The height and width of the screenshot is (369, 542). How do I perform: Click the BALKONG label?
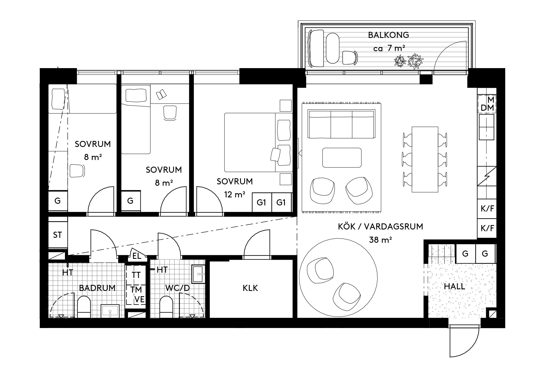point(388,35)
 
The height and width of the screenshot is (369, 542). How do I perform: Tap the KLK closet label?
point(250,288)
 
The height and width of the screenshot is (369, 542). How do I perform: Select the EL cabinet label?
point(137,256)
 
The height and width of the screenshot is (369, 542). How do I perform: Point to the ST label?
point(57,235)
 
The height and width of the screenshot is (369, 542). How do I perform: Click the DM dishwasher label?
point(487,108)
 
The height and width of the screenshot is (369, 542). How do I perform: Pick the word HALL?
point(455,286)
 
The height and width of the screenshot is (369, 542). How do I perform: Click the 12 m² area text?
point(234,194)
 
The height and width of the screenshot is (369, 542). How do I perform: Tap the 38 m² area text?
point(381,239)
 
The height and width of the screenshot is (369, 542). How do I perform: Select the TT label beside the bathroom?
point(136,275)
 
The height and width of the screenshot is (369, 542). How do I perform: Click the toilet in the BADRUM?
point(84,307)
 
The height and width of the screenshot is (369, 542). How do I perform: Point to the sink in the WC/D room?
point(199,274)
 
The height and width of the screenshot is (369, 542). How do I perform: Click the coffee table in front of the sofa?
point(342,158)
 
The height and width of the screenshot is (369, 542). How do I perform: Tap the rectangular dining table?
point(425,159)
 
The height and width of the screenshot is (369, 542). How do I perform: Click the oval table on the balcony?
point(333,48)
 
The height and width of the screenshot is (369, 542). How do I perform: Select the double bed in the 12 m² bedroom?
point(259,142)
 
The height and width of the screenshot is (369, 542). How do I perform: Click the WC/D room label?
point(178,288)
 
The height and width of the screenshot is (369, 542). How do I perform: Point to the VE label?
point(140,300)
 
